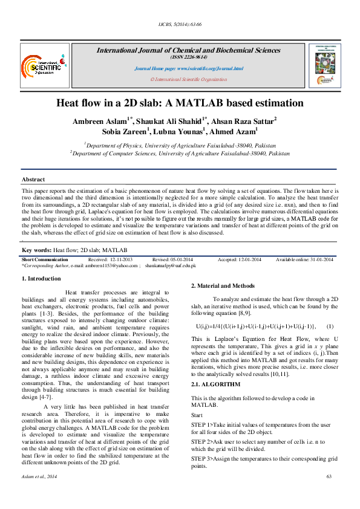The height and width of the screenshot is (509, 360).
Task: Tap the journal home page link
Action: (188, 69)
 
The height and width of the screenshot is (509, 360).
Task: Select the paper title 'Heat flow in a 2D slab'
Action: (180, 104)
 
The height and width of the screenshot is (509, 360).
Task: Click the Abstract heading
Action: (33, 180)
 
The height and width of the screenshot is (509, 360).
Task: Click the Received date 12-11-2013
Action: (122, 259)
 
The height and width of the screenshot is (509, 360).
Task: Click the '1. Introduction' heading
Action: (41, 279)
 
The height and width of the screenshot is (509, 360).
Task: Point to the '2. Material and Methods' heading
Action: (221, 285)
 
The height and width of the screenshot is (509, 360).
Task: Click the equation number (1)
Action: (330, 326)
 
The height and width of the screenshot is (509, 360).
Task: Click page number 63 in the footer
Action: (329, 494)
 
